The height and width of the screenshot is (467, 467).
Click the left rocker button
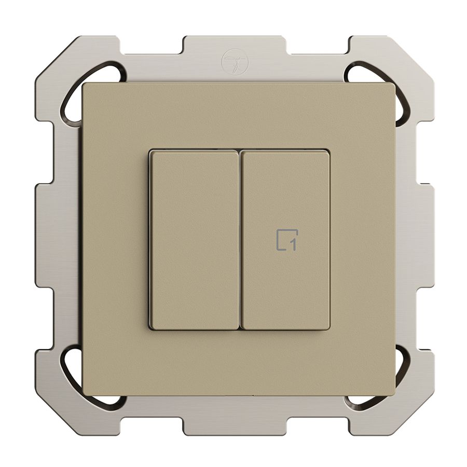pos(194,240)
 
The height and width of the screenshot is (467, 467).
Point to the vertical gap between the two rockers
pos(240,240)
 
